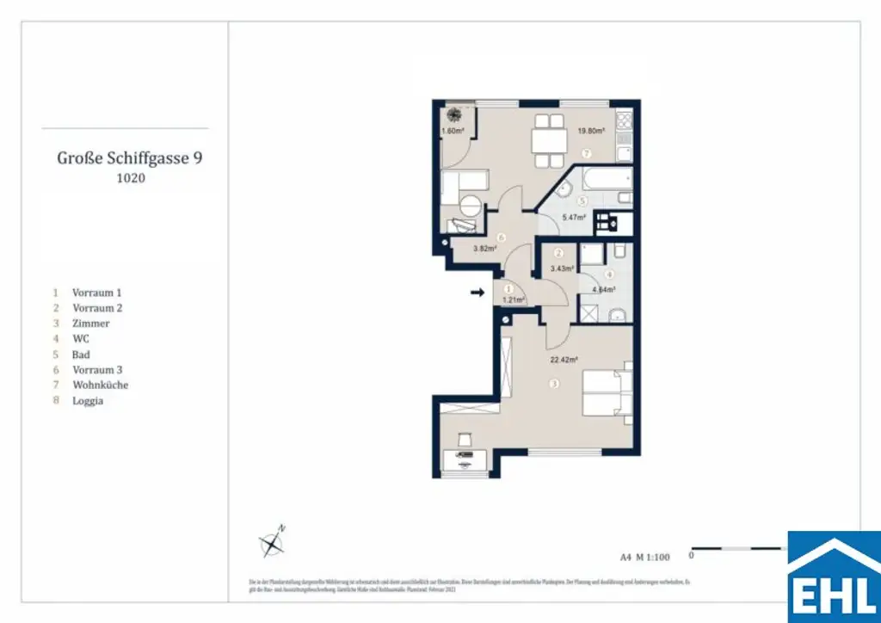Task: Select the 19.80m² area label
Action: tap(590, 131)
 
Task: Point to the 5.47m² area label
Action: tap(573, 218)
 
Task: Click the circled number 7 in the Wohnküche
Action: tap(586, 153)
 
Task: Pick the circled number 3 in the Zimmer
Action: tap(556, 383)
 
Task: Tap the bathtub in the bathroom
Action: tap(605, 180)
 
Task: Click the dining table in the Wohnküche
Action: tap(544, 139)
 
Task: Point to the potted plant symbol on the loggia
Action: tap(453, 114)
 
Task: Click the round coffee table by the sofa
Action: tap(470, 207)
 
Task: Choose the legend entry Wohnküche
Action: tap(100, 386)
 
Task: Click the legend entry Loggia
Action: tap(88, 401)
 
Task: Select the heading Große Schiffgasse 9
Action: tap(130, 157)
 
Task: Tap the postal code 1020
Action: tap(130, 179)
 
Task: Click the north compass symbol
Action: tap(273, 542)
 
